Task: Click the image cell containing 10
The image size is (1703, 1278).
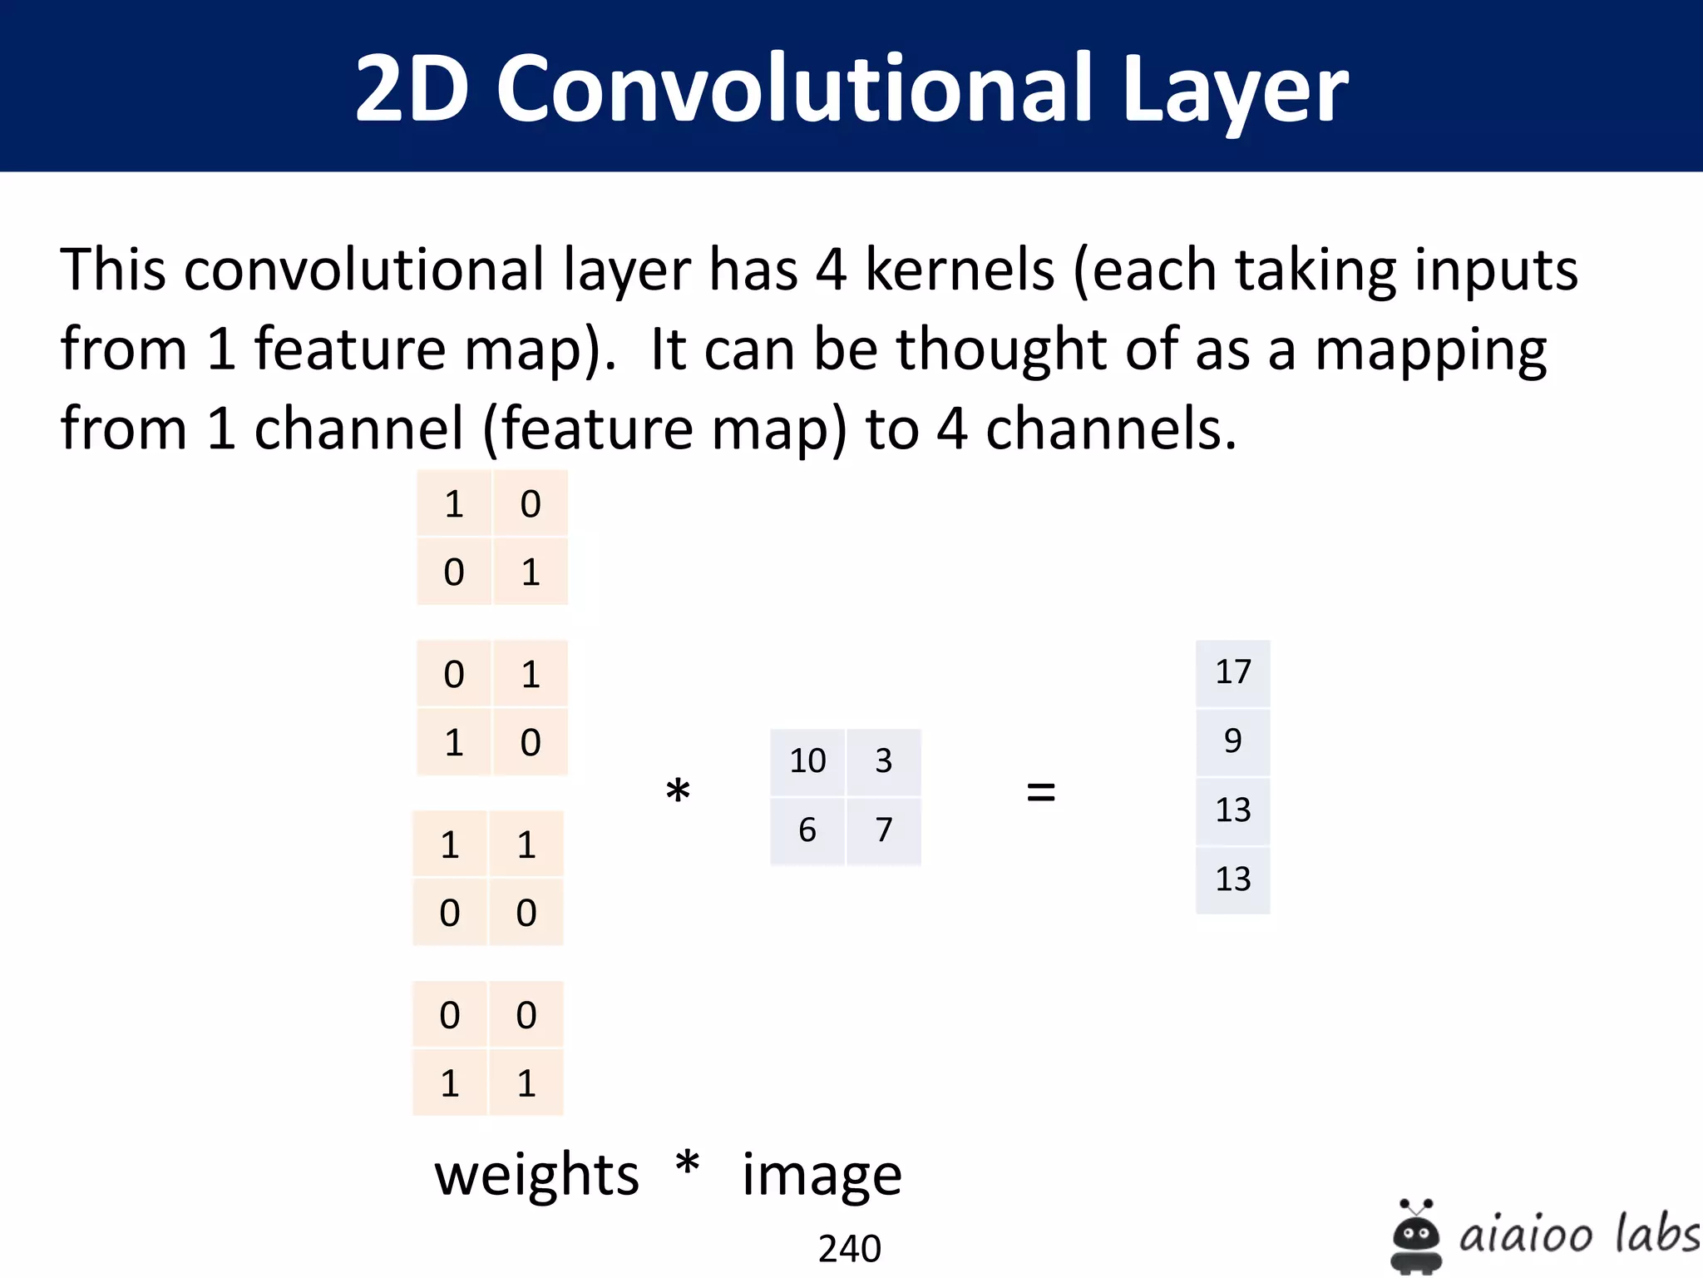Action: point(807,761)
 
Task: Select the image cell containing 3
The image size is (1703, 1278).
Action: point(883,761)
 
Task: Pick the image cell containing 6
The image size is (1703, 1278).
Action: point(807,830)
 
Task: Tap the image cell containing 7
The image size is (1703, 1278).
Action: point(883,830)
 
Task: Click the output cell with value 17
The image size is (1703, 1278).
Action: point(1232,672)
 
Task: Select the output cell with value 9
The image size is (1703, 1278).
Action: point(1232,741)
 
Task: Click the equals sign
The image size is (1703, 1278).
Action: point(1040,791)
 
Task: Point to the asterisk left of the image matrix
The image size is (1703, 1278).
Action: point(678,790)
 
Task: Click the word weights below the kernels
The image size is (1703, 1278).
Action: point(536,1176)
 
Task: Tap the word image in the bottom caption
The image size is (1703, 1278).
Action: point(822,1176)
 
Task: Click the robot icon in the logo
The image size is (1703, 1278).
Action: point(1415,1236)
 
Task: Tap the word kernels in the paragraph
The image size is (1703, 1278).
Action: point(960,270)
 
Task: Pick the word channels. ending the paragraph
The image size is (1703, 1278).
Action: point(1111,428)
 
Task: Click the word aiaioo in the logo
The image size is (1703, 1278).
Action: point(1524,1235)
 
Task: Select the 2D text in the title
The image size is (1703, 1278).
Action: point(412,87)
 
